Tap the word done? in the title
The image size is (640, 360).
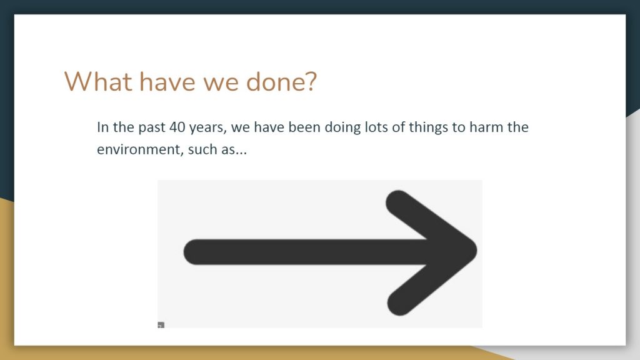coord(281,82)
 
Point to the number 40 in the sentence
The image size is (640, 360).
coord(177,127)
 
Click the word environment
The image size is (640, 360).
coord(139,150)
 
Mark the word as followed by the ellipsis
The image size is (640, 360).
coord(228,150)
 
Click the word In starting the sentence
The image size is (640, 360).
coord(103,127)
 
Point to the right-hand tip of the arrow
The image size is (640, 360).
coord(476,251)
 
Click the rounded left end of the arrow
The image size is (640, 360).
coord(185,252)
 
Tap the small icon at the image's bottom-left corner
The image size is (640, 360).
coord(161,325)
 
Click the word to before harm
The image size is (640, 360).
coord(459,127)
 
